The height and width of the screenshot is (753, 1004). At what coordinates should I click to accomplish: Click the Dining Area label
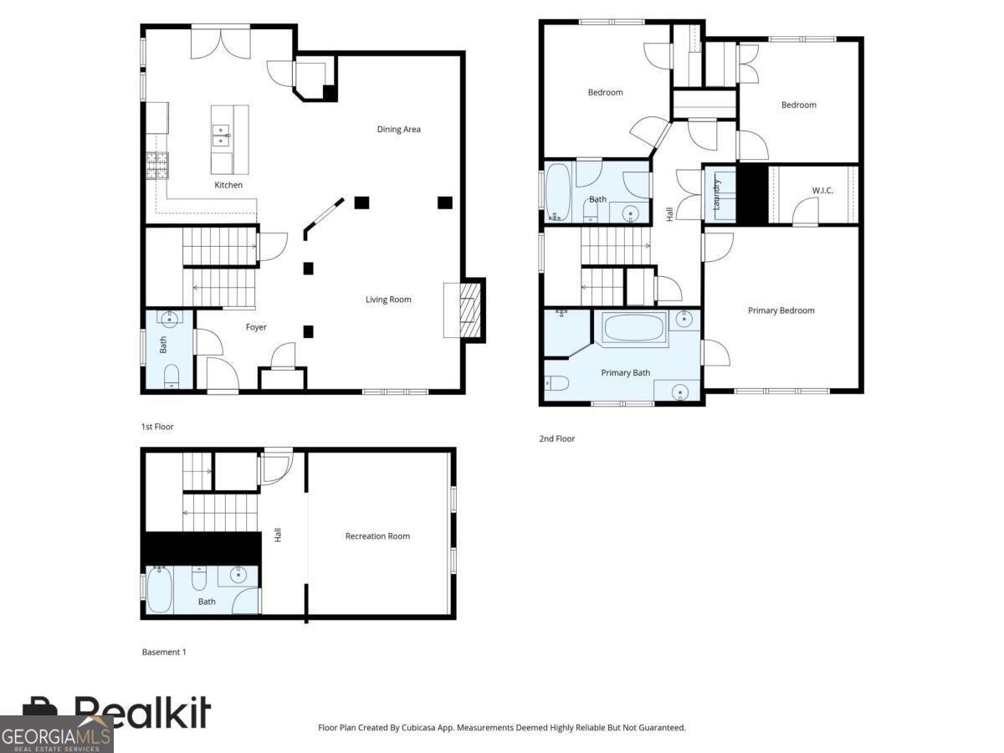tap(398, 129)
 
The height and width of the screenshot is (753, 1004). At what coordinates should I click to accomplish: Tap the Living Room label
tap(388, 300)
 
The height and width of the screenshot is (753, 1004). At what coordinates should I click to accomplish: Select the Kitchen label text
tap(228, 185)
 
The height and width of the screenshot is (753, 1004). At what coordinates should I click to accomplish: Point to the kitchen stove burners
tap(157, 166)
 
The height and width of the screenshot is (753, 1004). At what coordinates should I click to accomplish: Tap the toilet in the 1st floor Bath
tap(170, 376)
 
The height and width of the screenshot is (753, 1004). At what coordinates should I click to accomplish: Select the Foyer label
tap(256, 327)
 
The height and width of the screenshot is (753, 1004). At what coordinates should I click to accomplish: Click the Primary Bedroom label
tap(781, 310)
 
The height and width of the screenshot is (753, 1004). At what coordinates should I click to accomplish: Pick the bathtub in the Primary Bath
tap(634, 326)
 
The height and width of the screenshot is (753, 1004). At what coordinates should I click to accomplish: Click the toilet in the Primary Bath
tap(556, 384)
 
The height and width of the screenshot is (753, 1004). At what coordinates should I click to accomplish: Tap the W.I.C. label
tap(822, 191)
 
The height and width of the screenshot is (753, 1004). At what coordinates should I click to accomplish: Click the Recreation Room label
tap(377, 536)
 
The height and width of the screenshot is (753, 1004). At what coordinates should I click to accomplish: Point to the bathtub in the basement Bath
tap(159, 590)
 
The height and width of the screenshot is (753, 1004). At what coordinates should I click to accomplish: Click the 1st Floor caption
tap(157, 427)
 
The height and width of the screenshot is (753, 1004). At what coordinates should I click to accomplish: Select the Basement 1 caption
tap(164, 652)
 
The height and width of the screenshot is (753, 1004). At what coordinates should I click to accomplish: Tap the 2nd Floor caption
tap(557, 438)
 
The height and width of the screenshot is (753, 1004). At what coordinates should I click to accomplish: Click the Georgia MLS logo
tap(56, 735)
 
